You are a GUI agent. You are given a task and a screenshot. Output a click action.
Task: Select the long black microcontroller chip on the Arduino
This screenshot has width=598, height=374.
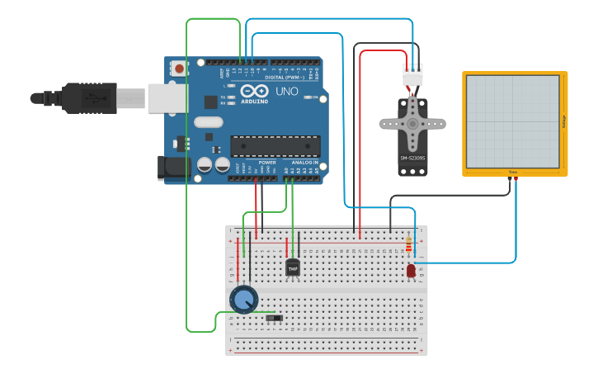[275, 146]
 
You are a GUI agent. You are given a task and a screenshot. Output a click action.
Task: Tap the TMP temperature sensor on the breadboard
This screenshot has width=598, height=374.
[293, 267]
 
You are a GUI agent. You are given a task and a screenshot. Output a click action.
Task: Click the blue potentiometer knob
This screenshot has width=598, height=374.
[243, 299]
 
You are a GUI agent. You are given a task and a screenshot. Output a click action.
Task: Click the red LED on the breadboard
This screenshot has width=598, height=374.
[411, 270]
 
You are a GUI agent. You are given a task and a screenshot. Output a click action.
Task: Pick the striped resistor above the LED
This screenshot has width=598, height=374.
[410, 244]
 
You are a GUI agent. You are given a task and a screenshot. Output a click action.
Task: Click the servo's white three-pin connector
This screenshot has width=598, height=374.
[412, 75]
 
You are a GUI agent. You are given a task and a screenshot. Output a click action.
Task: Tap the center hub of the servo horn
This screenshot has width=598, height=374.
[412, 125]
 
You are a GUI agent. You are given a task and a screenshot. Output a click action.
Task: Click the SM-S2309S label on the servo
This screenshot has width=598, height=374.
[412, 158]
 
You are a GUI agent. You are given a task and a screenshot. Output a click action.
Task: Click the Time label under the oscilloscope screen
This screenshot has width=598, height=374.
[512, 173]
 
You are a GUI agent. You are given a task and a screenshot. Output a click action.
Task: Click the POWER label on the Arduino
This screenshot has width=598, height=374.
[267, 163]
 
